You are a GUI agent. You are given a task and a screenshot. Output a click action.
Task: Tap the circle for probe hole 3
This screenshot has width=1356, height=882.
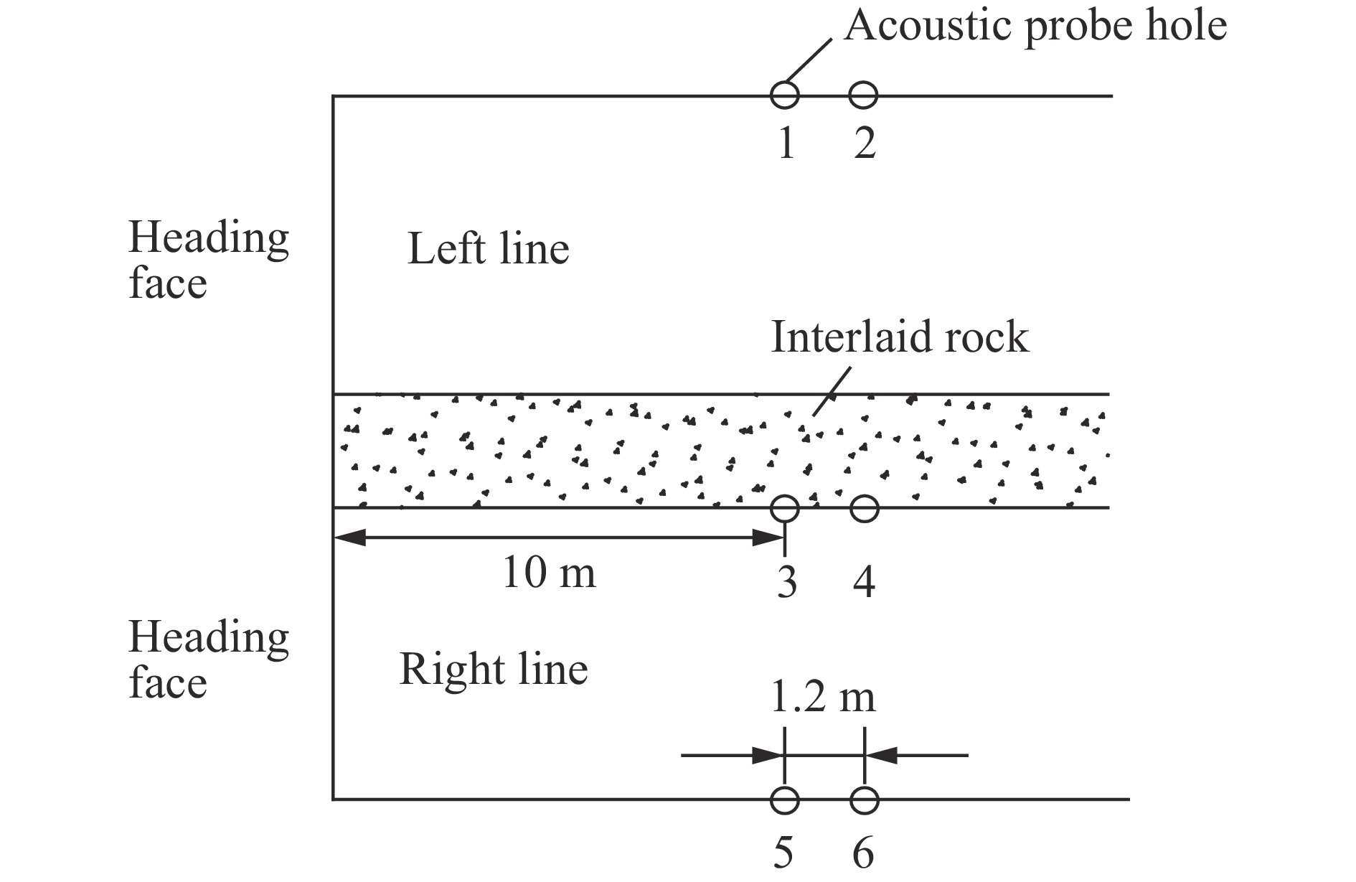coord(784,495)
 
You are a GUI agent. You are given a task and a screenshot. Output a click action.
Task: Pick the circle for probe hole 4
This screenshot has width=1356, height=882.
coord(864,495)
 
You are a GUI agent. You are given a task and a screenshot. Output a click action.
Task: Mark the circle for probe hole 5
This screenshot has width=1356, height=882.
coord(784,787)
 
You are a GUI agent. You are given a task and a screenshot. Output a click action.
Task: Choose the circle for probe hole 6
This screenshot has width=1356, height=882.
coord(864,787)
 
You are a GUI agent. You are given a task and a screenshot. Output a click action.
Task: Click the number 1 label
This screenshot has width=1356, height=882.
coord(786,143)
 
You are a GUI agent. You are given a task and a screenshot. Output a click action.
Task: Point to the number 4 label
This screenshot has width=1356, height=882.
coord(865,582)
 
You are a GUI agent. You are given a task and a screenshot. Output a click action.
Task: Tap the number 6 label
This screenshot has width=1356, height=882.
coord(863,853)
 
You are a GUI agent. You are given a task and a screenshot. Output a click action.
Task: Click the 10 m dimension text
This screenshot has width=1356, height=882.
coord(549,573)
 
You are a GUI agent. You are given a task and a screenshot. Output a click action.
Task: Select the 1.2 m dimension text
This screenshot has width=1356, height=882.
coord(823,697)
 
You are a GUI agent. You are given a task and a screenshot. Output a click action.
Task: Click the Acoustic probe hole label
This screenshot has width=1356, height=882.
coord(1035,27)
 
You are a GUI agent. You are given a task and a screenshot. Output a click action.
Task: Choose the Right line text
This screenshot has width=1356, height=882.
coord(494,670)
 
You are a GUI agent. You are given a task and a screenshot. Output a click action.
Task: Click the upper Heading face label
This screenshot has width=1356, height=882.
coord(208,260)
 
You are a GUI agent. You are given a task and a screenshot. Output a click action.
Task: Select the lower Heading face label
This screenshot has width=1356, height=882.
coord(208,659)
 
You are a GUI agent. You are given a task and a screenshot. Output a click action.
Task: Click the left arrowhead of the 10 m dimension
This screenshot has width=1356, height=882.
coord(349,538)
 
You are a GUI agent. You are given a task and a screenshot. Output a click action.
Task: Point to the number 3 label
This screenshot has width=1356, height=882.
coord(786,582)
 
